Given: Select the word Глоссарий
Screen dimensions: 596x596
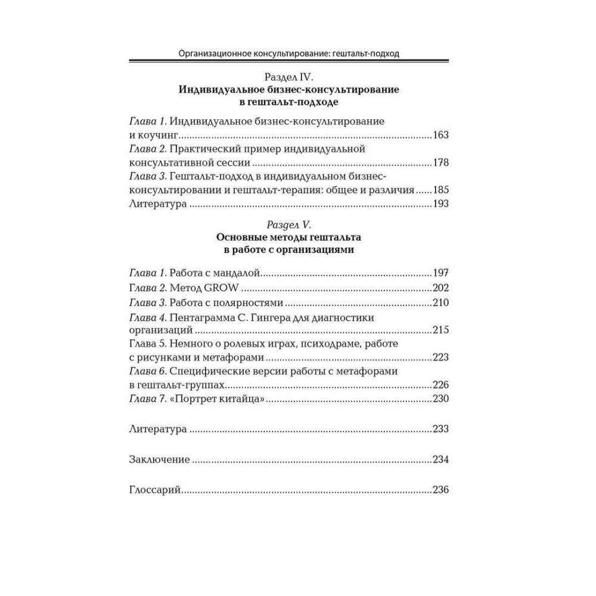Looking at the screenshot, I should [155, 491].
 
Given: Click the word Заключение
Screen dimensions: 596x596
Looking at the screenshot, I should [159, 460].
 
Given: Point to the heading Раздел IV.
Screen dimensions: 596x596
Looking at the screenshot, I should [288, 77].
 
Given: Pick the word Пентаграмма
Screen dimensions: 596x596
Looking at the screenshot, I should [201, 317].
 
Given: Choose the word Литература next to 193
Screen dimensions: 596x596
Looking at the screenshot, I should [158, 204].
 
